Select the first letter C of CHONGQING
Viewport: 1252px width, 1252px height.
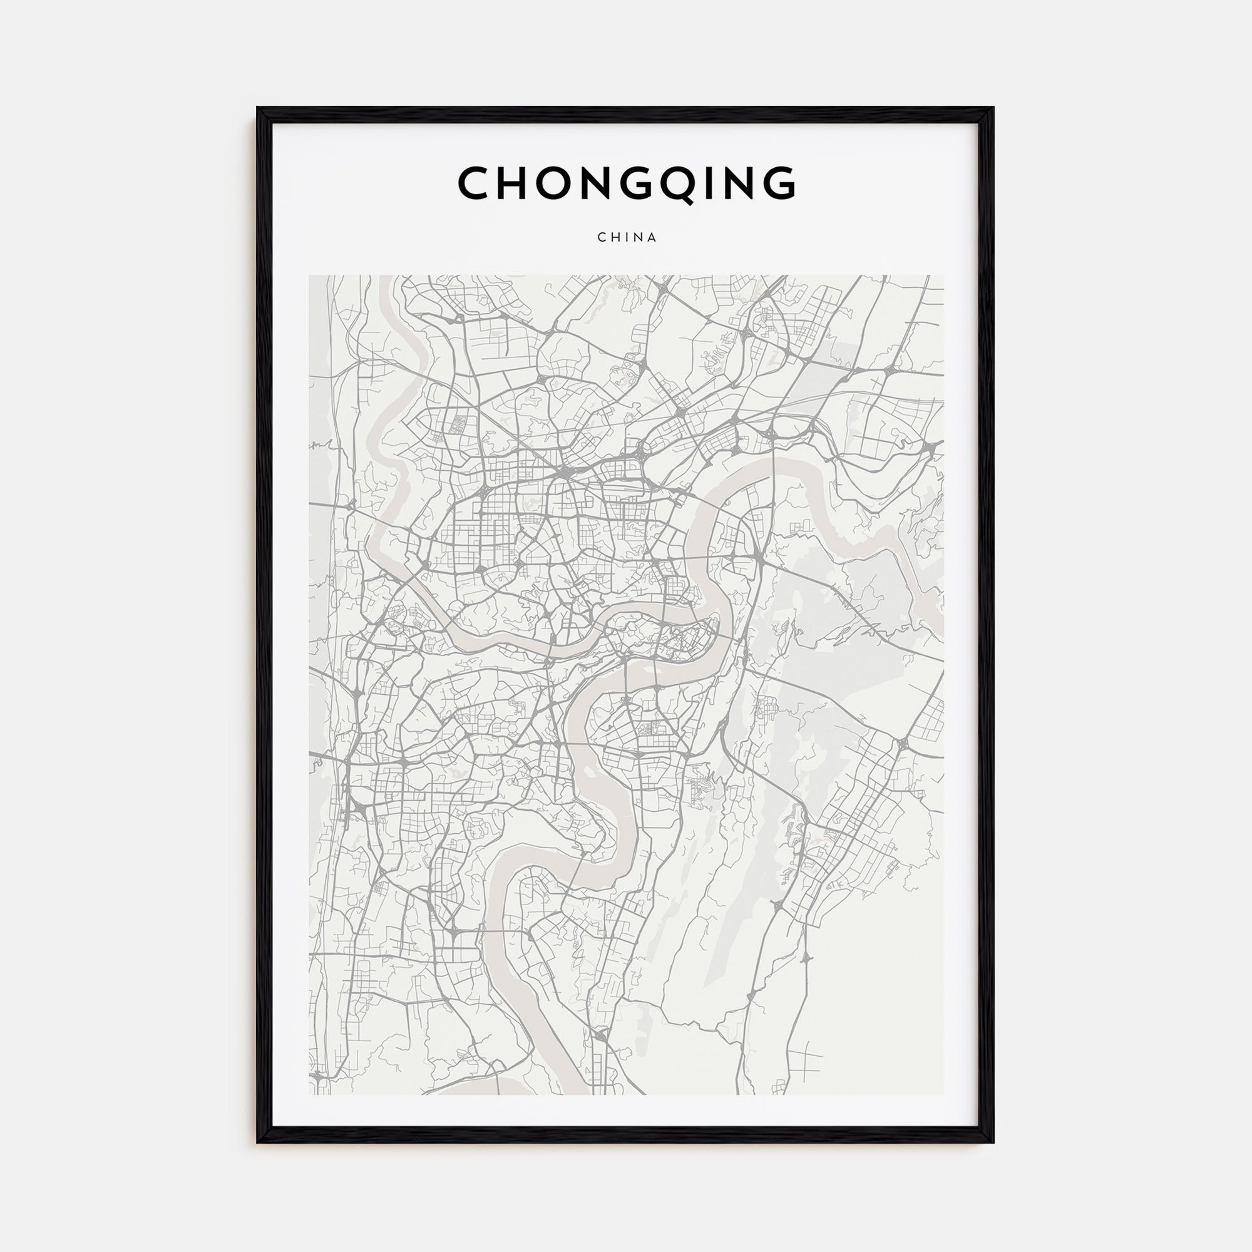tap(475, 183)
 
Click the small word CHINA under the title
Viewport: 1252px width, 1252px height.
tap(627, 238)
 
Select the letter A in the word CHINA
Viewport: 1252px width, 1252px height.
tap(652, 238)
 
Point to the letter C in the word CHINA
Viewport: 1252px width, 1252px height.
tap(602, 238)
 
